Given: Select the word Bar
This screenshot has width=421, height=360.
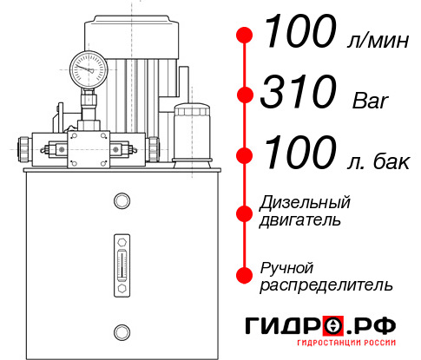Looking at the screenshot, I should pyautogui.click(x=372, y=100).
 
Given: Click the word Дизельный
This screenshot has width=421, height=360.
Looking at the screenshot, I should pyautogui.click(x=306, y=203).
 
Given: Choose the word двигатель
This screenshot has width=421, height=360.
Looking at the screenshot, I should pyautogui.click(x=300, y=220).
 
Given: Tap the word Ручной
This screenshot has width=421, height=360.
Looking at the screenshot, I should pyautogui.click(x=287, y=267).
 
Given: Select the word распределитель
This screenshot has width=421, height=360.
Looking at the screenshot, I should pyautogui.click(x=326, y=285).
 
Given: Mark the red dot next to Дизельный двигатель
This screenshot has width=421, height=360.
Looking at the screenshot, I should pyautogui.click(x=245, y=213).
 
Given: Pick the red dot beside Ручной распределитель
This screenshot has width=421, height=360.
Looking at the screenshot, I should pyautogui.click(x=245, y=275).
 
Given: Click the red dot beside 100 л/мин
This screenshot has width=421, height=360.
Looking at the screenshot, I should pyautogui.click(x=245, y=35).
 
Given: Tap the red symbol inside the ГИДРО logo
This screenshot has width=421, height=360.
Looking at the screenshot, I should pyautogui.click(x=334, y=326).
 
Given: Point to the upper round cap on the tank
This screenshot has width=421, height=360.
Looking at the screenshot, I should pyautogui.click(x=122, y=202).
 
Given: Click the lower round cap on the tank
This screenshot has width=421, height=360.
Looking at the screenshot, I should pyautogui.click(x=122, y=330).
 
